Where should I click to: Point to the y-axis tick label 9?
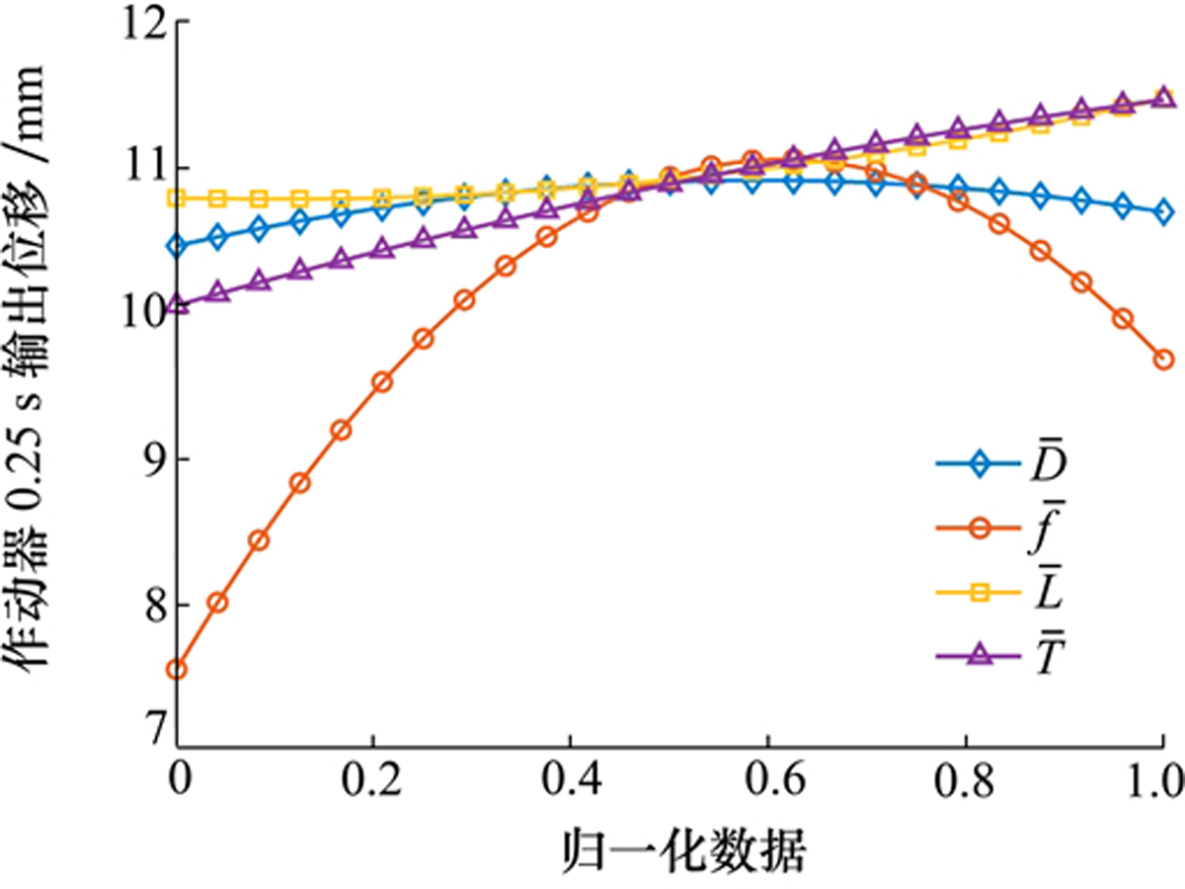pyautogui.click(x=148, y=459)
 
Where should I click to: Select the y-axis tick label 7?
pyautogui.click(x=148, y=732)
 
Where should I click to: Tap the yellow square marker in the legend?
pyautogui.click(x=980, y=593)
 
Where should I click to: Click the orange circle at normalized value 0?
pyautogui.click(x=178, y=670)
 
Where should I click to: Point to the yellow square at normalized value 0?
pyautogui.click(x=178, y=199)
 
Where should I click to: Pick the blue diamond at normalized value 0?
pyautogui.click(x=178, y=246)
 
